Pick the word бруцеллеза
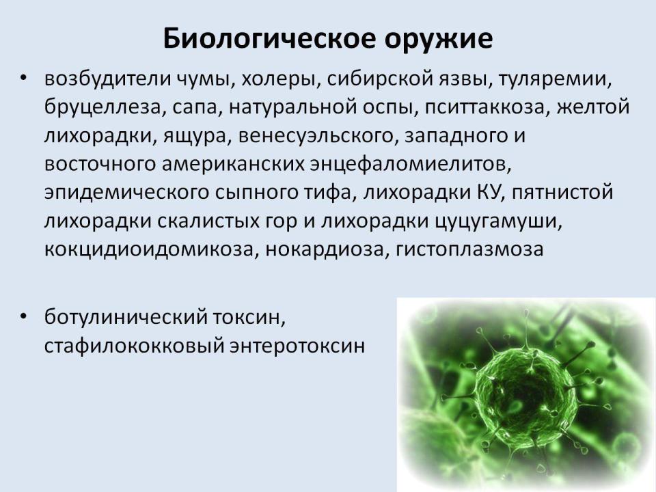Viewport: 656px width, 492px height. [102, 107]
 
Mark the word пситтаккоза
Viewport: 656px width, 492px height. [485, 108]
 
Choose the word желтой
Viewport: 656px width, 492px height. [593, 107]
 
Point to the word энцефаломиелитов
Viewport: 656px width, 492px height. [411, 165]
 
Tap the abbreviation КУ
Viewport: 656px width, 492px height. [488, 193]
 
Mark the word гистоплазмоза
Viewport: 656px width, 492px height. [469, 249]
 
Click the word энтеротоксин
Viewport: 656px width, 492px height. [297, 346]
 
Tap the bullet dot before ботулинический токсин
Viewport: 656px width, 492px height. [23, 316]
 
